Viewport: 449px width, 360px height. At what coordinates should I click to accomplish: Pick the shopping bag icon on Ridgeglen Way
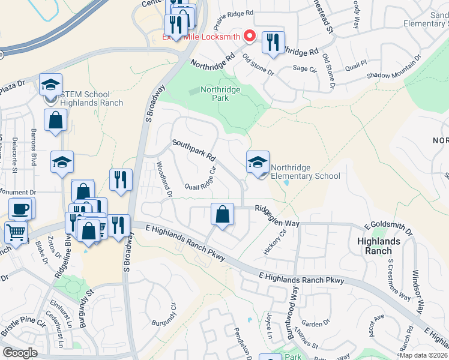click(x=222, y=214)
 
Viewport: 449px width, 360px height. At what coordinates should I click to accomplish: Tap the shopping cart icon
click(x=16, y=232)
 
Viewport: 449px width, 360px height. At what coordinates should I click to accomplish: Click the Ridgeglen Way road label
click(x=277, y=216)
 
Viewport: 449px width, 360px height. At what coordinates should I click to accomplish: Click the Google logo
click(x=20, y=353)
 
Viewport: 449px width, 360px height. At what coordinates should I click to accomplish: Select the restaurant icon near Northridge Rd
click(x=273, y=42)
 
